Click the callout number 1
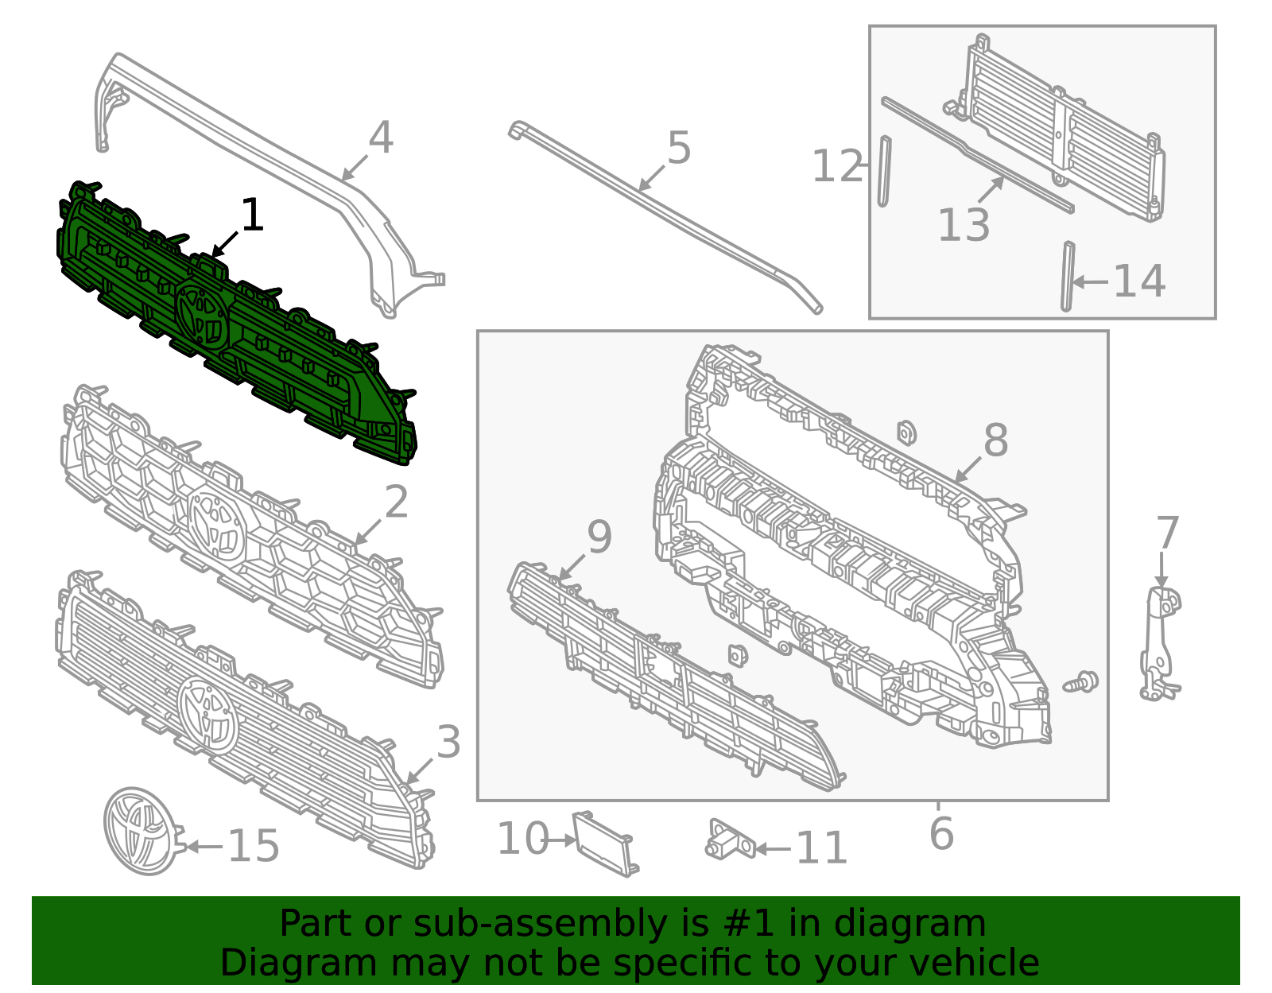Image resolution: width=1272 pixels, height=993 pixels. [252, 214]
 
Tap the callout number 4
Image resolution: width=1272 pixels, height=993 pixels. [381, 138]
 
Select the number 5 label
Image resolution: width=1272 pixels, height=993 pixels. [679, 147]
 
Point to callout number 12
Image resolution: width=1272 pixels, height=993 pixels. [837, 165]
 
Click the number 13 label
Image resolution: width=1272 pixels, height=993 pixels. [964, 224]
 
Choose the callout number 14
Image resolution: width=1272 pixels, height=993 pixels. [1138, 281]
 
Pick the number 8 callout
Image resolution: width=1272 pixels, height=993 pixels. [995, 440]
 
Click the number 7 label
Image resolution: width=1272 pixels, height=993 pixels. [1167, 533]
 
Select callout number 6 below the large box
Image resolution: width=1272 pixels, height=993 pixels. [941, 833]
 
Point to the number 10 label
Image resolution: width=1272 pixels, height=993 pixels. [523, 838]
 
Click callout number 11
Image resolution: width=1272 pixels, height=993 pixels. [821, 848]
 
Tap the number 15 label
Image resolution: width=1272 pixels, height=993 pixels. [253, 846]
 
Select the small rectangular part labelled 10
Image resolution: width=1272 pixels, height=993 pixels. [605, 844]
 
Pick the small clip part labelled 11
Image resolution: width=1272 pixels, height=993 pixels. [730, 839]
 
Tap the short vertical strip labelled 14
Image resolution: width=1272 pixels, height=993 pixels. [1068, 276]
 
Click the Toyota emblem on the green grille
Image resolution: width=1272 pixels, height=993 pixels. [203, 313]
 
